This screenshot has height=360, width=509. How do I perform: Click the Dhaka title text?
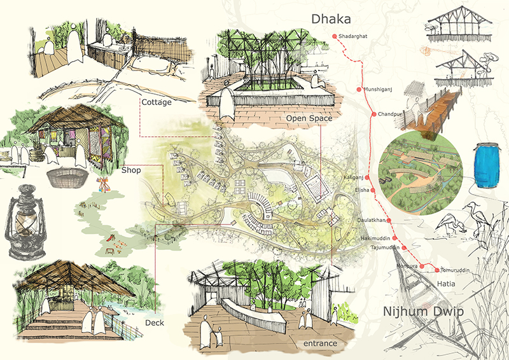point(331,19)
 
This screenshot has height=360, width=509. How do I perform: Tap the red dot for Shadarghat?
point(335,36)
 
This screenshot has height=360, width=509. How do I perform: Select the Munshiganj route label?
point(378,89)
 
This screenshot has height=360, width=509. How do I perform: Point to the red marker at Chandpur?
point(373,114)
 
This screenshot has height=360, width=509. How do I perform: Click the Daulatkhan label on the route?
point(372,220)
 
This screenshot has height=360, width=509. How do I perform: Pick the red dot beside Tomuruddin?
point(437,270)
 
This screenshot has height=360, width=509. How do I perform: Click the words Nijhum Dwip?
point(423,311)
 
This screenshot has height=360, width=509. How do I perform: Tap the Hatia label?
point(446,284)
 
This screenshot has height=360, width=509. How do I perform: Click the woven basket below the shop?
point(67,177)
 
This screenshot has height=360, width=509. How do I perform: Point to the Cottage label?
point(157,102)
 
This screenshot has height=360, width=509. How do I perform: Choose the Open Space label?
point(309,118)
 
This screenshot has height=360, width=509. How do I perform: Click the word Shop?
point(131,170)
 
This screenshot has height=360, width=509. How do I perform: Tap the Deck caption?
point(155,322)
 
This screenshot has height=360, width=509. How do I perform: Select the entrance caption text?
point(320,343)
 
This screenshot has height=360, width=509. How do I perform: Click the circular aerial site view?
point(421,173)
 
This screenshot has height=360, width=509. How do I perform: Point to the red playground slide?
point(111,237)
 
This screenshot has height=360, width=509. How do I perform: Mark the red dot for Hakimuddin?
point(394,239)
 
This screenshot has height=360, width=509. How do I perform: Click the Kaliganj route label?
point(354,177)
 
